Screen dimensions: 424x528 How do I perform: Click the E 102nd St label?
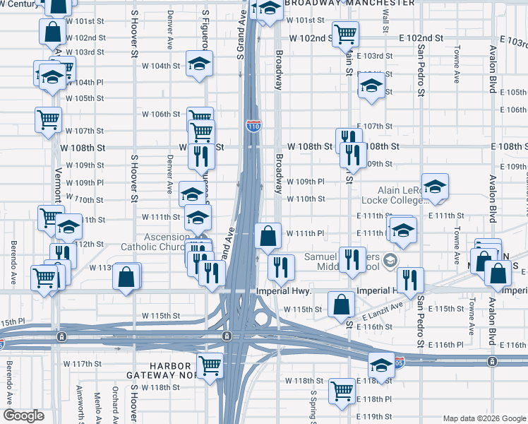tap(421, 37)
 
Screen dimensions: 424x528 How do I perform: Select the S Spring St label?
tap(313, 406)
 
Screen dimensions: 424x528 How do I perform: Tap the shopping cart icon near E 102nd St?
tap(345, 33)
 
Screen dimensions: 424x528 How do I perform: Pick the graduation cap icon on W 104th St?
tap(200, 64)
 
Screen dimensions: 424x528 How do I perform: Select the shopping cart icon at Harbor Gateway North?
tap(210, 365)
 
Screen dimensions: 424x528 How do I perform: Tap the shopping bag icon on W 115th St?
tap(342, 305)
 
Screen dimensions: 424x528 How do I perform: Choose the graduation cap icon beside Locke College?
tap(436, 187)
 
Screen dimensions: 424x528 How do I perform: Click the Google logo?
tap(24, 416)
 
